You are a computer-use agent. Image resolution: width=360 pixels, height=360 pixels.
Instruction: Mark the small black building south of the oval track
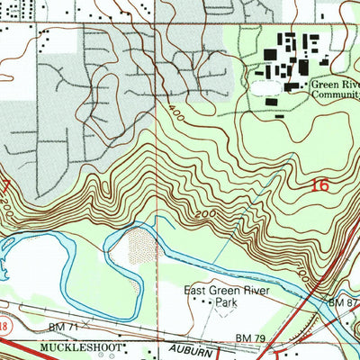(x=282, y=116)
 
